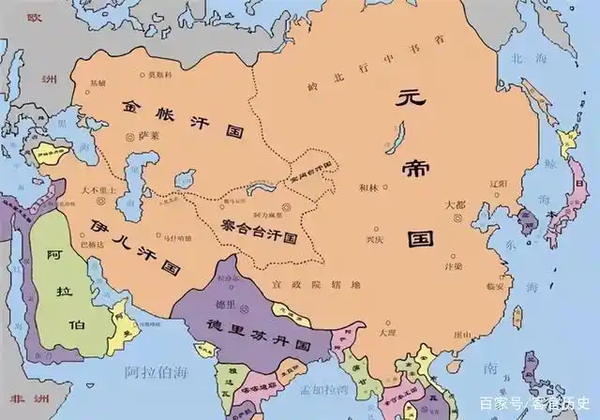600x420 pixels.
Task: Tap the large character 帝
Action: tap(412, 167)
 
